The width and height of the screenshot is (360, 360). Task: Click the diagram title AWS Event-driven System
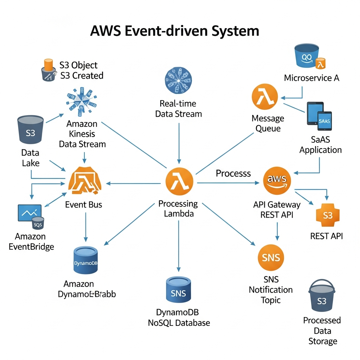click(175, 31)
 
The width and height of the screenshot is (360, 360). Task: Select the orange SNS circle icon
click(271, 257)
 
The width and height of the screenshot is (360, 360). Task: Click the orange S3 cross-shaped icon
click(327, 214)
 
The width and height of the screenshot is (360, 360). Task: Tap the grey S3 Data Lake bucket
click(31, 130)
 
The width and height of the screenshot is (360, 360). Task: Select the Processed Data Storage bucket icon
click(322, 297)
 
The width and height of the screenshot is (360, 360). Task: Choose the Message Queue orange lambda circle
click(265, 96)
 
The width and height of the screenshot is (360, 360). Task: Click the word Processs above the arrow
click(233, 173)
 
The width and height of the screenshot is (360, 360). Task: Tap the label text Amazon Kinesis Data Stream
click(82, 134)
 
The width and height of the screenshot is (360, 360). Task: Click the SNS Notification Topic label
click(271, 290)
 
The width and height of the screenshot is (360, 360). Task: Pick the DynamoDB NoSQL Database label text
click(179, 317)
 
